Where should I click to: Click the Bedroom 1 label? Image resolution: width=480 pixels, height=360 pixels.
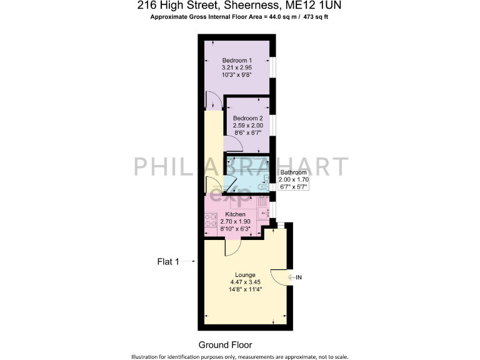pos(237,59)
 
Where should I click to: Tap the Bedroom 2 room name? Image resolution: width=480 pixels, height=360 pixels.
pos(247,118)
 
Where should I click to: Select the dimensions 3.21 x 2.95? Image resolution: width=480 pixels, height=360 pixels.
pos(237,67)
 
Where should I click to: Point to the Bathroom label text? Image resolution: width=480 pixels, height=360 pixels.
pos(293,172)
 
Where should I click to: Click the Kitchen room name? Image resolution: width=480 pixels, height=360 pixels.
pos(235,214)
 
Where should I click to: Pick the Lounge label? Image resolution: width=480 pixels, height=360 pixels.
pos(245,274)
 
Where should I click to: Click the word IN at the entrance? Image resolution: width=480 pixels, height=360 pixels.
pos(299,277)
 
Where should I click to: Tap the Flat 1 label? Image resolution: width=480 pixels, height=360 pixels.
pos(168,262)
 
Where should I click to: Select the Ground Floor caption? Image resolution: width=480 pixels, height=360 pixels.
pos(225,344)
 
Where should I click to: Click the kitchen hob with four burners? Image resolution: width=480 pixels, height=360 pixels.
pos(211,223)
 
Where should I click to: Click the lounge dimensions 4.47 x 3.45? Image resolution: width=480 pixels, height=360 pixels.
pos(245,282)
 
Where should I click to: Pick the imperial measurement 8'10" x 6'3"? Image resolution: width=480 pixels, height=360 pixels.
pos(235,229)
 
